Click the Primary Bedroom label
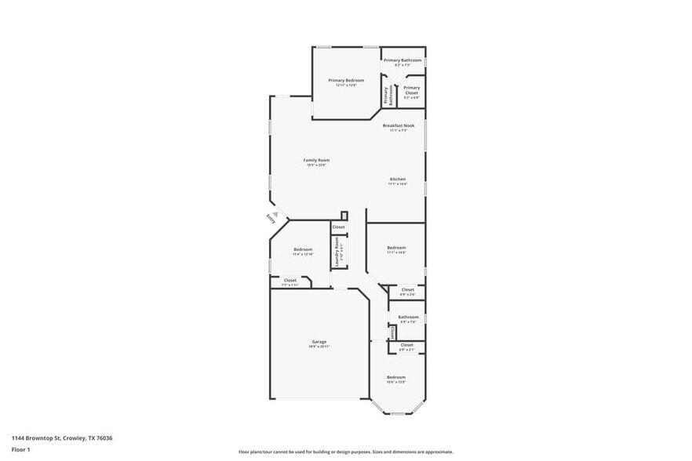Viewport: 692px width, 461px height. (x=346, y=81)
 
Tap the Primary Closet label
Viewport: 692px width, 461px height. (x=411, y=90)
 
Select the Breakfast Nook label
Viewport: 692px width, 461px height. (x=399, y=125)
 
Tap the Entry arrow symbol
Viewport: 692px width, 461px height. (x=275, y=212)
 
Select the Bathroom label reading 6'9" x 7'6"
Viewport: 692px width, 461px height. (x=408, y=318)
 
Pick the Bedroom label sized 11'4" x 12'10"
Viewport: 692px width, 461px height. (x=302, y=250)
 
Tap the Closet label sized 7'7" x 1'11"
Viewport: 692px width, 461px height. (x=290, y=281)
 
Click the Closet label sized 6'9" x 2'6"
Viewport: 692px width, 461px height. (x=407, y=290)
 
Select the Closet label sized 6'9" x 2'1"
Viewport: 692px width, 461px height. (x=406, y=346)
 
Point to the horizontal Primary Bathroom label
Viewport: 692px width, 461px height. (x=402, y=60)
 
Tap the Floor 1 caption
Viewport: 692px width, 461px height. (x=20, y=449)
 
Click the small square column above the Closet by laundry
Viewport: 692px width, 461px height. (x=344, y=216)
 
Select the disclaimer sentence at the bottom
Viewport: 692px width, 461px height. (x=345, y=452)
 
